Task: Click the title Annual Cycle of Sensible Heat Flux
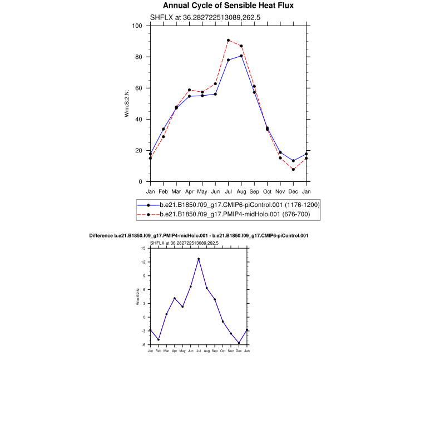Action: (x=228, y=6)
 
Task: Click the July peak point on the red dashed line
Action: (x=228, y=40)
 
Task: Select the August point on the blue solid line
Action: (x=241, y=56)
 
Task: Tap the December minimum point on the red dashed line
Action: (x=293, y=169)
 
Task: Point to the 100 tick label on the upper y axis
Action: (x=137, y=26)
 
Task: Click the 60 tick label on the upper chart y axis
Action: (x=139, y=88)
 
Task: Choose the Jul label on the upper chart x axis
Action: (x=228, y=191)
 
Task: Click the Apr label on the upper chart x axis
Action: (x=189, y=191)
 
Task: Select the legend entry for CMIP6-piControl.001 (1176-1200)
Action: (x=239, y=205)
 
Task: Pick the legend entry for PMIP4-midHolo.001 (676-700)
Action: (x=239, y=214)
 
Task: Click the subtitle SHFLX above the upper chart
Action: (x=205, y=17)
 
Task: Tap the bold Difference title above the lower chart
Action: (x=199, y=236)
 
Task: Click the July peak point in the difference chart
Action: (x=199, y=259)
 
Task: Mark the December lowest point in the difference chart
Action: (x=239, y=343)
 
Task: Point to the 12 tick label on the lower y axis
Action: (x=144, y=261)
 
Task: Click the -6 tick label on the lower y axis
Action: (x=144, y=345)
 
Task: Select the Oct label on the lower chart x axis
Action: (x=222, y=352)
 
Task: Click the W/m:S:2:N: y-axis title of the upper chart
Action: (x=127, y=103)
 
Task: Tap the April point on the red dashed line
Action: (x=189, y=90)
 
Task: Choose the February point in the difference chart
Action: (x=159, y=339)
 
